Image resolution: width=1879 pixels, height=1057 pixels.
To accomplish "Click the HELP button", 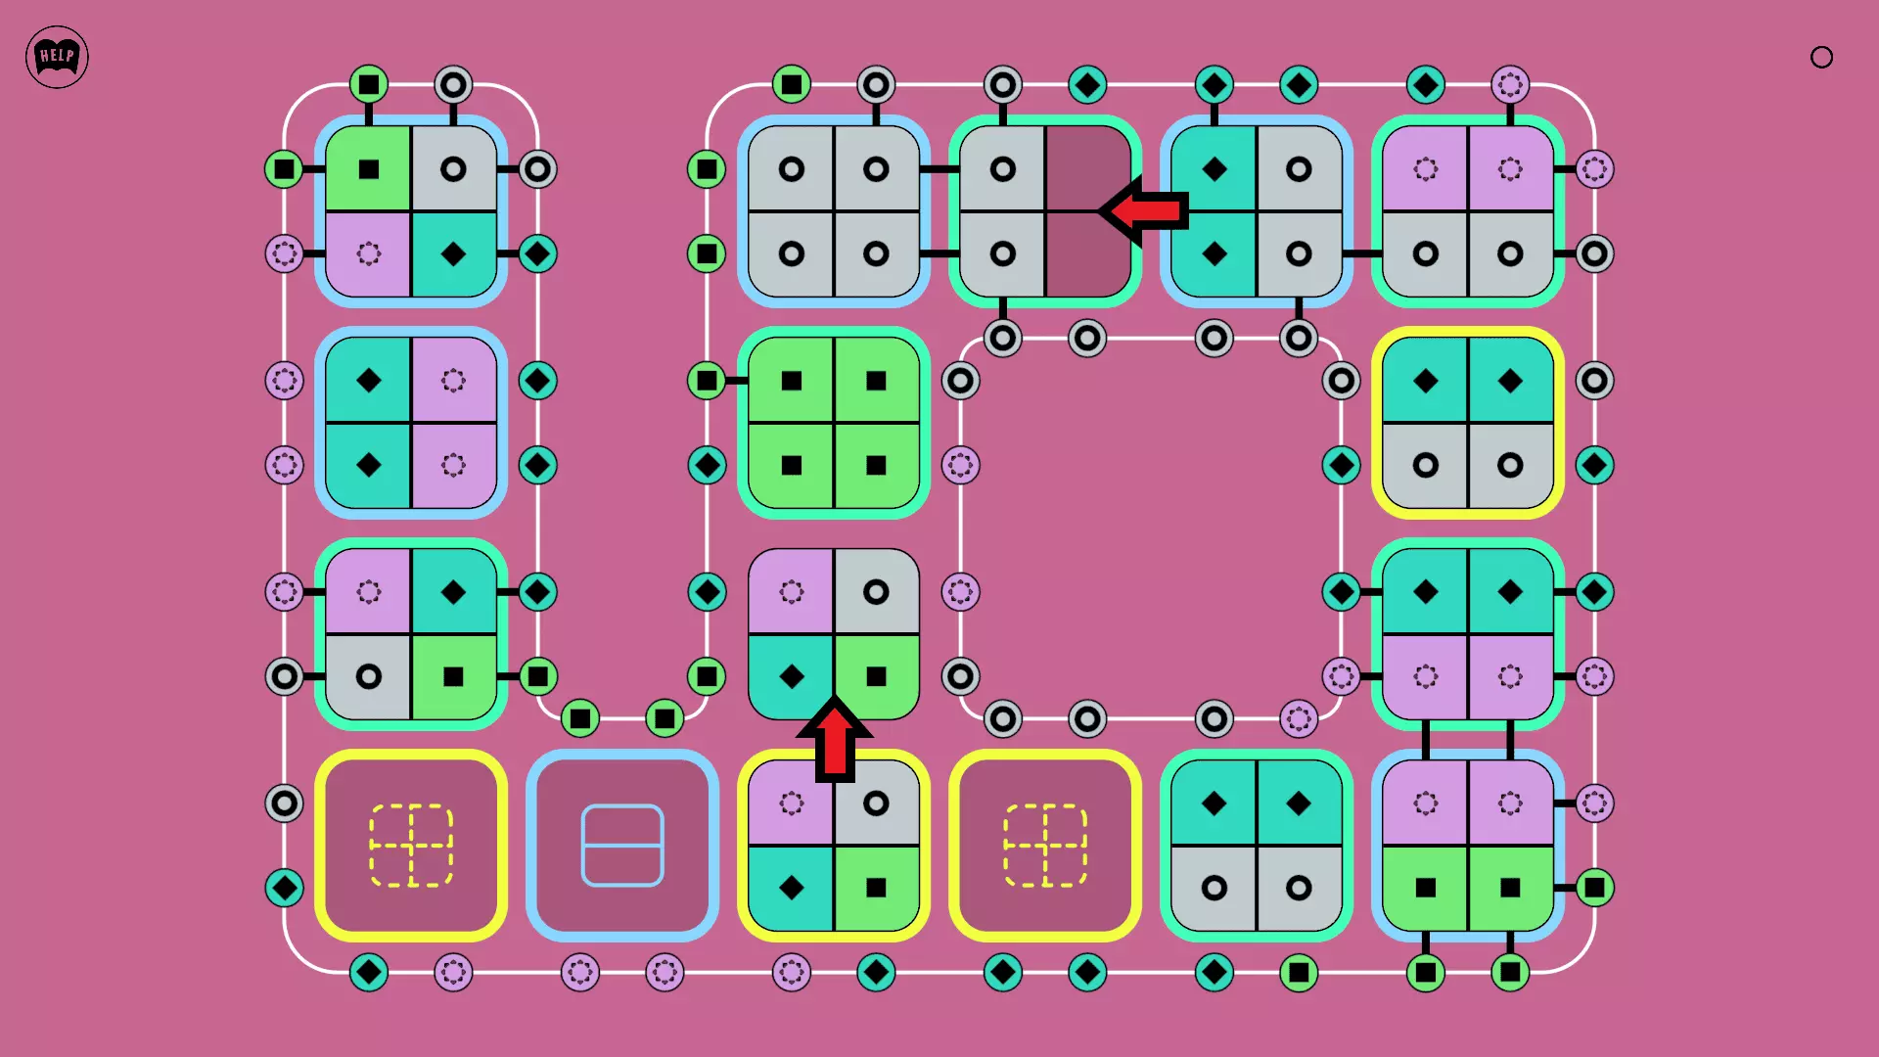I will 57,57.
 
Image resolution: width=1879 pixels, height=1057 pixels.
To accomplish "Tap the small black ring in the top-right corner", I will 1821,58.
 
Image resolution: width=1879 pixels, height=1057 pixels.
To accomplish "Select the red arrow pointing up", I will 835,740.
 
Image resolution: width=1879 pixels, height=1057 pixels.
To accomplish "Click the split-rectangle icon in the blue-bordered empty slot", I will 622,846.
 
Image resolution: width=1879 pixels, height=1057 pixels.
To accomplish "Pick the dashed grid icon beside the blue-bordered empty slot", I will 411,846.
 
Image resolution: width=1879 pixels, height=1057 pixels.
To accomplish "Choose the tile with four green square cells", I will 834,423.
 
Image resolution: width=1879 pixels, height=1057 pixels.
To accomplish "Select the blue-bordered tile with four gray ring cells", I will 834,211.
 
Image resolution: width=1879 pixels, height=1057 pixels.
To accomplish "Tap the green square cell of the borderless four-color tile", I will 877,676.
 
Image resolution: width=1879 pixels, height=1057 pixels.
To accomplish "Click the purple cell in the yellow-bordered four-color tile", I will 792,804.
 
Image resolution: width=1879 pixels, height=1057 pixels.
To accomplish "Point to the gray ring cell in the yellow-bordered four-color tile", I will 877,804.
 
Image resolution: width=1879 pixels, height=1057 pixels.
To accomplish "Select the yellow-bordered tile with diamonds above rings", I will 1468,423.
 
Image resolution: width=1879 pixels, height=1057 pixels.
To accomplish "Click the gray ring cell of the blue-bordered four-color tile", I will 453,169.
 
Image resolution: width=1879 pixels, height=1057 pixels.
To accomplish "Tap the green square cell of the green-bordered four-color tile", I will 453,676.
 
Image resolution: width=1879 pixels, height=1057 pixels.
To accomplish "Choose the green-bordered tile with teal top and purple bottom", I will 1468,634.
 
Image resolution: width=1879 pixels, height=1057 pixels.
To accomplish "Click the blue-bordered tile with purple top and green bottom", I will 1468,846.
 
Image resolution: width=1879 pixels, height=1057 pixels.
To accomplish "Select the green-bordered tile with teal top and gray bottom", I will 1257,846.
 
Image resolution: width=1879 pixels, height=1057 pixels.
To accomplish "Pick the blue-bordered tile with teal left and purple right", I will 411,423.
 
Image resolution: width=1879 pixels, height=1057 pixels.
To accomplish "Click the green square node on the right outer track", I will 1594,888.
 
